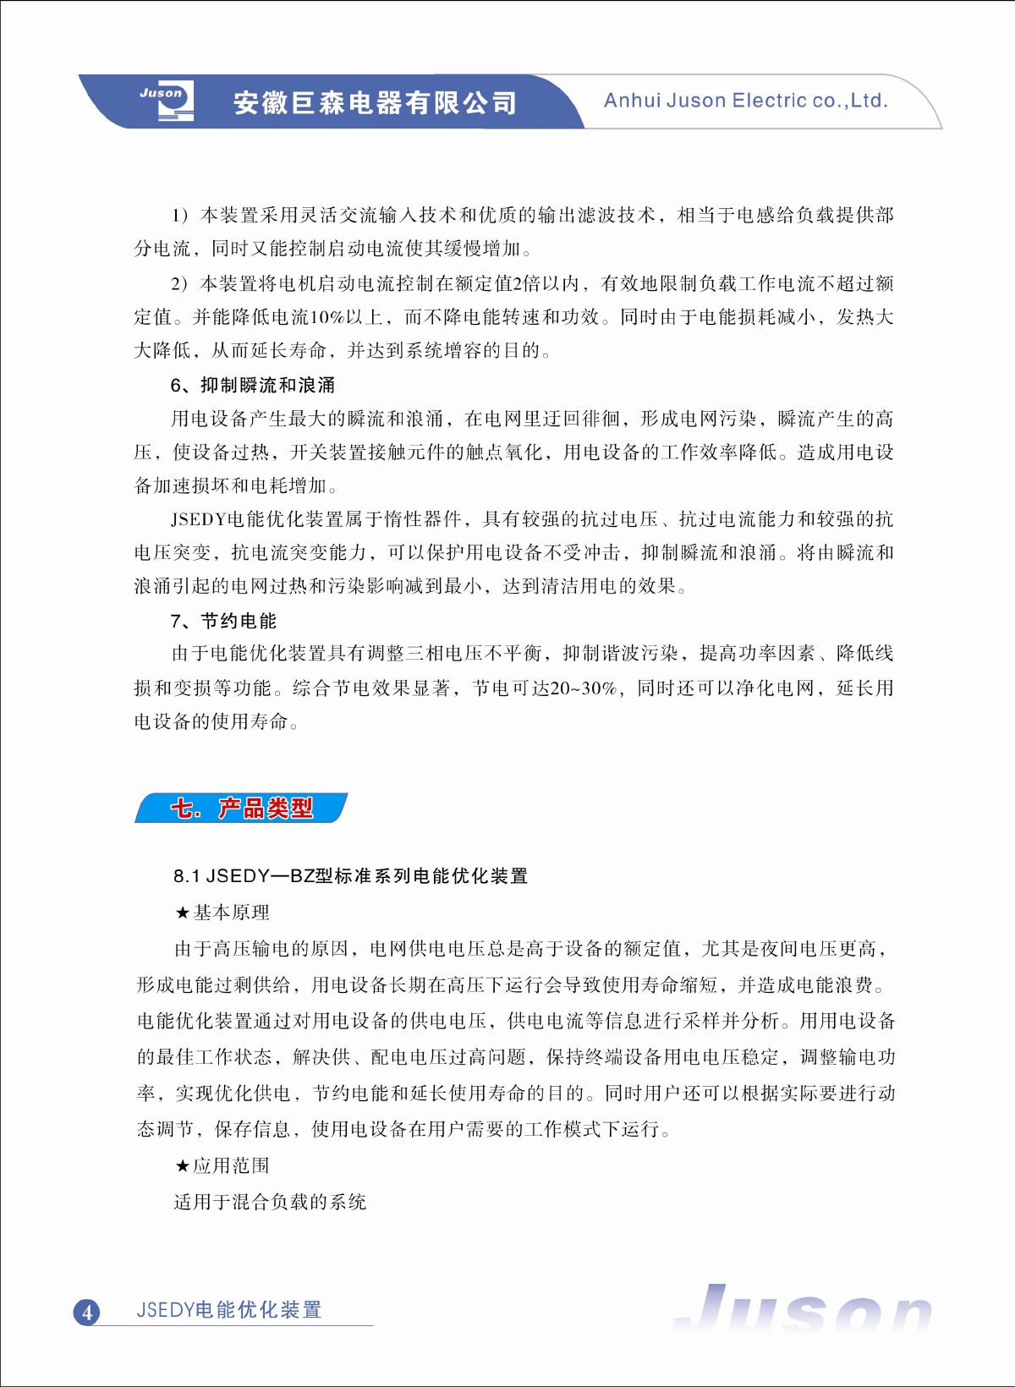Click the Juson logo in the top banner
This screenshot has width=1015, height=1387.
point(167,101)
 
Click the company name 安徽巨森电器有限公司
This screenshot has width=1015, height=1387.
point(375,103)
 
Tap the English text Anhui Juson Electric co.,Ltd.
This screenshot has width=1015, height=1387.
point(745,101)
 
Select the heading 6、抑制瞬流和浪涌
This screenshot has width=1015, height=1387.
point(253,386)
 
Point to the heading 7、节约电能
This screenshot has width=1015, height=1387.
point(223,622)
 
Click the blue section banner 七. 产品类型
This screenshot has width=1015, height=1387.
point(241,809)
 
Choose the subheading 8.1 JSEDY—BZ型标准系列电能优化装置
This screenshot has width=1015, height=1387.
point(351,876)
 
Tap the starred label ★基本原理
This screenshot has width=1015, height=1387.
point(222,913)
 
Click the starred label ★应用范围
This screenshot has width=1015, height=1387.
point(222,1166)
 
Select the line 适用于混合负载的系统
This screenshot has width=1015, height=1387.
point(270,1203)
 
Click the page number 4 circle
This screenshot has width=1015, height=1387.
point(86,1313)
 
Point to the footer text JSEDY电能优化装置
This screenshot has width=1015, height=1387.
point(229,1310)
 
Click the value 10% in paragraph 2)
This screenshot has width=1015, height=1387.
point(326,317)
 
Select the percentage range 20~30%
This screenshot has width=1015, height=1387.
point(583,688)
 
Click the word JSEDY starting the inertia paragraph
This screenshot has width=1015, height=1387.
point(199,519)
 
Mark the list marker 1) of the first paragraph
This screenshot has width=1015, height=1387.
point(179,216)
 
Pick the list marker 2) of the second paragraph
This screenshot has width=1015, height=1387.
point(179,284)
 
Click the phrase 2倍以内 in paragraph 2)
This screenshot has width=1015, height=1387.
point(546,284)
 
